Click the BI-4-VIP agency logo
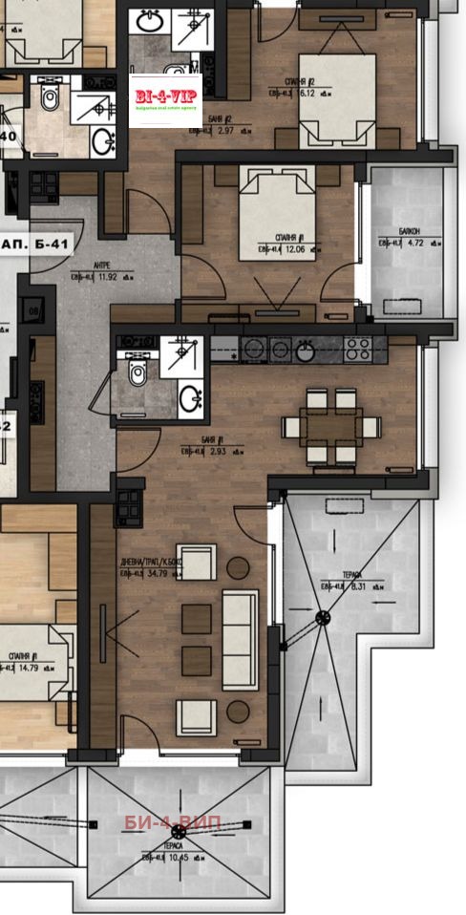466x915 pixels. [x=165, y=99]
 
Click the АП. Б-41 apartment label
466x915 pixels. [x=35, y=245]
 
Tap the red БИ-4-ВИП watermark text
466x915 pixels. [x=179, y=823]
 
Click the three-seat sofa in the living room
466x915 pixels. [x=239, y=638]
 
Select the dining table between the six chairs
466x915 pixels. [x=331, y=423]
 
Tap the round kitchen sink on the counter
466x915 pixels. [x=305, y=351]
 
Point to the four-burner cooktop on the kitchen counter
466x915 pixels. [x=358, y=349]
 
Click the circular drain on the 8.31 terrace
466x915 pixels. [x=323, y=618]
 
